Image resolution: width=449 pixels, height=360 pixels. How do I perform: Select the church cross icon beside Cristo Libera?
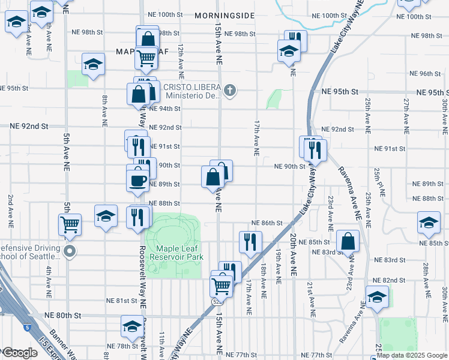[x=229, y=91]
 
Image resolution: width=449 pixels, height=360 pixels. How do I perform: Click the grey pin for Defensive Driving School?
[x=70, y=252]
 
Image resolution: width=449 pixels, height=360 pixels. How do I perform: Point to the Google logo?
[x=20, y=353]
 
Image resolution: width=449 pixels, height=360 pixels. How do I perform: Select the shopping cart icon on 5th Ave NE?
[x=70, y=225]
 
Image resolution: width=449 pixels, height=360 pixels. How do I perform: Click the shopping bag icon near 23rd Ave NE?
[x=348, y=242]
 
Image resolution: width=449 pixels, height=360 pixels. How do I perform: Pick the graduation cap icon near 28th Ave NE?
[x=429, y=223]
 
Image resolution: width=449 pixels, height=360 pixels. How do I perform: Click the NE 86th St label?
[x=267, y=223]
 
